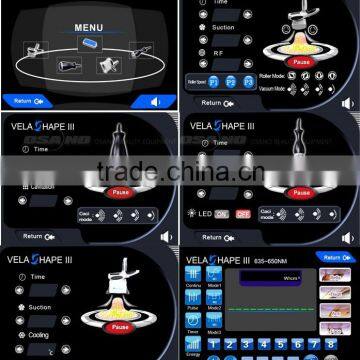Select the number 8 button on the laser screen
pyautogui.click(x=331, y=344)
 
